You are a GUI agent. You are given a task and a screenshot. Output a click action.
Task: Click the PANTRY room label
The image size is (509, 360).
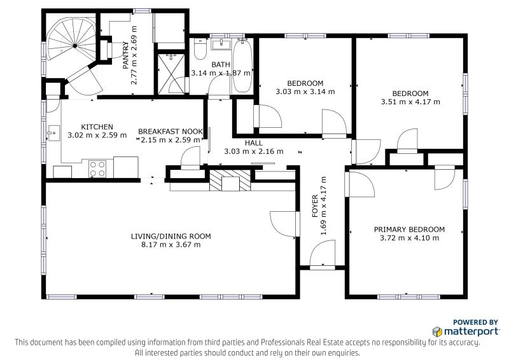click(x=126, y=55)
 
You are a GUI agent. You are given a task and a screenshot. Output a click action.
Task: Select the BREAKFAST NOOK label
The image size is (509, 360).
click(x=171, y=132)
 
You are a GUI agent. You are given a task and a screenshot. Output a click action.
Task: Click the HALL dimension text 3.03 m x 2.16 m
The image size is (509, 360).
click(x=253, y=151)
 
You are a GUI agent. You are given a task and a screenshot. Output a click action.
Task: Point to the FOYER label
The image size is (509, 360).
click(x=315, y=206)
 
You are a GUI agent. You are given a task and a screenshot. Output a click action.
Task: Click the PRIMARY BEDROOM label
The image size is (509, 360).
click(x=409, y=230)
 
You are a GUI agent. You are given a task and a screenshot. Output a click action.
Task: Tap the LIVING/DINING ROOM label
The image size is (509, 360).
click(x=171, y=237)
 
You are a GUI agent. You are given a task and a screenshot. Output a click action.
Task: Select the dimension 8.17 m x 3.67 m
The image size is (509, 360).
click(x=171, y=245)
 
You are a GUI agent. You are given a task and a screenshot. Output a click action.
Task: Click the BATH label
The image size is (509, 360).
click(x=221, y=65)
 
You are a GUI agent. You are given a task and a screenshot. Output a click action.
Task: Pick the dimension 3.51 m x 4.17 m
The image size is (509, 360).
click(x=410, y=102)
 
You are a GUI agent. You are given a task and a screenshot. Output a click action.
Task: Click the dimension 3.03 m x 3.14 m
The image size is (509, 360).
click(x=305, y=92)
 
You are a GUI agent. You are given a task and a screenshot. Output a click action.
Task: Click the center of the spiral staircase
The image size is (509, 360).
click(x=75, y=46)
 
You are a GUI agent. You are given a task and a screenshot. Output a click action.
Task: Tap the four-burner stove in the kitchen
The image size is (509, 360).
click(x=97, y=169)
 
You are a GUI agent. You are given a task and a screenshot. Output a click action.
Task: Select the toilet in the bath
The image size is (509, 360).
click(x=200, y=50)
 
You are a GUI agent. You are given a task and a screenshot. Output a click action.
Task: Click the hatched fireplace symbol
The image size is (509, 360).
click(x=230, y=180)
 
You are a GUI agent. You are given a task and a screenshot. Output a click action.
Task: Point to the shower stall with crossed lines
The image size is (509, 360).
click(x=171, y=74)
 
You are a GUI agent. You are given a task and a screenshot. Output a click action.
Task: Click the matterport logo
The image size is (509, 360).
click(x=466, y=331)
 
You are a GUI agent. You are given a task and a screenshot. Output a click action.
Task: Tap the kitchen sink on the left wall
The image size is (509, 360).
click(x=53, y=133)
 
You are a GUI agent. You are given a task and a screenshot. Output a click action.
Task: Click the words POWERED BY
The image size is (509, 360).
click(x=475, y=322)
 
